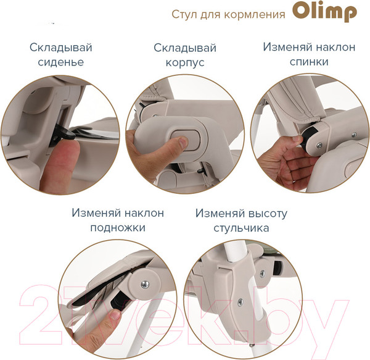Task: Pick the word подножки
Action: point(117,227)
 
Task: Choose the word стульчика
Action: point(241,228)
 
